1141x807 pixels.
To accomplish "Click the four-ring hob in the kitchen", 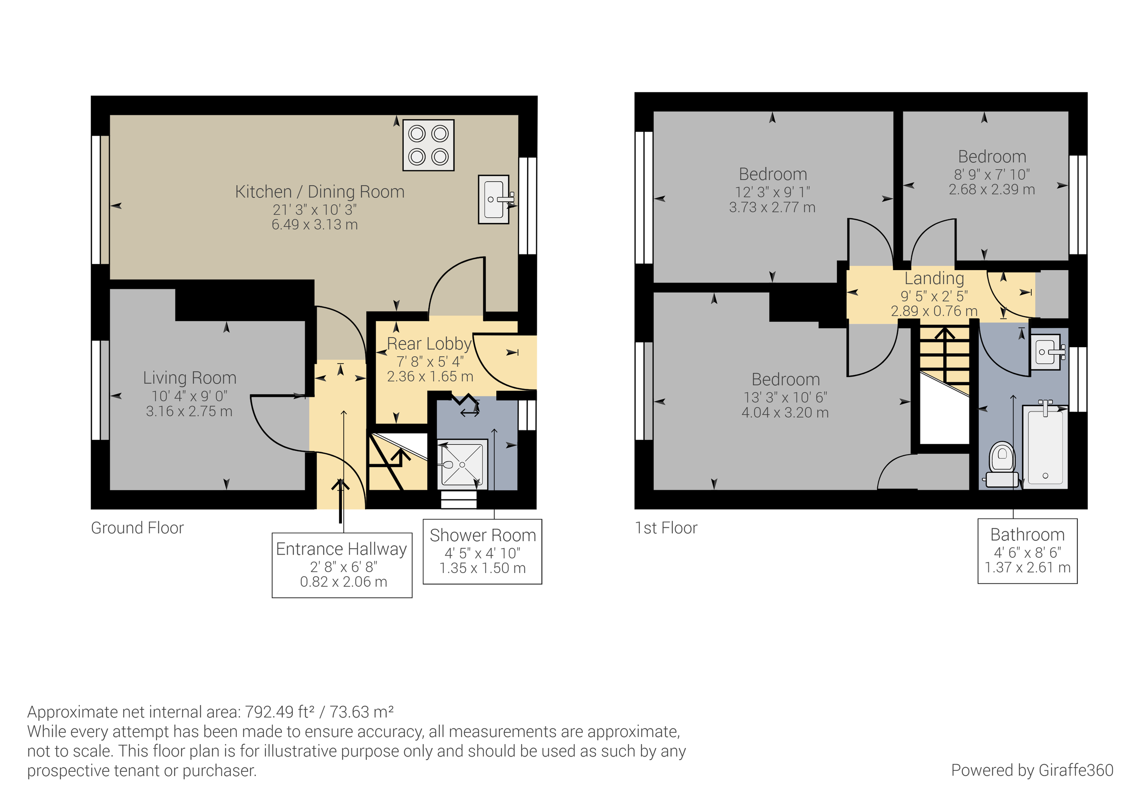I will [x=428, y=145].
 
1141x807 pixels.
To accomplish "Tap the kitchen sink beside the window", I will [x=493, y=199].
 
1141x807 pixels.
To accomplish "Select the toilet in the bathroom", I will [x=1002, y=465].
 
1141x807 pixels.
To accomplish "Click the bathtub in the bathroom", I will [x=1045, y=447].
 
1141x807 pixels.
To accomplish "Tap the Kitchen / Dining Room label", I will [x=319, y=192].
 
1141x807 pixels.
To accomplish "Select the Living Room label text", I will [x=189, y=378].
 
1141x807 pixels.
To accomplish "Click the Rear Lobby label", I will [x=429, y=344].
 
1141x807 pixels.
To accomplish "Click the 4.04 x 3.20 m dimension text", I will [x=785, y=413].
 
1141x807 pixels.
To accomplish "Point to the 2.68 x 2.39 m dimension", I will [x=991, y=189].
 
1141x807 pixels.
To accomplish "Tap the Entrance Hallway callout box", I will [x=342, y=565].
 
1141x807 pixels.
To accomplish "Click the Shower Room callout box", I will [x=482, y=551].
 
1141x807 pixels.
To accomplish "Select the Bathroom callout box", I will [x=1027, y=550].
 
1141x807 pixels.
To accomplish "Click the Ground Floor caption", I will [x=137, y=527].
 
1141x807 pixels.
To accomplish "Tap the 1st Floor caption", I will [x=666, y=527].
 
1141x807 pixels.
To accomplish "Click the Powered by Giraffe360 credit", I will [x=1032, y=770].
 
